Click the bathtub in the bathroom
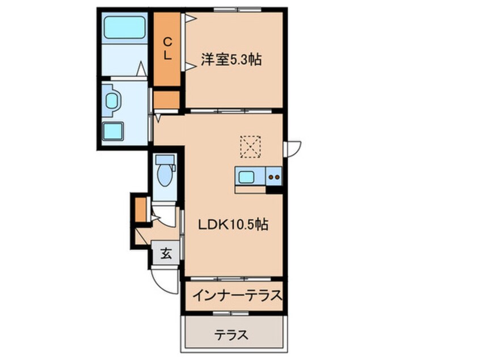123,27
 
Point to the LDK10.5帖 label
233,224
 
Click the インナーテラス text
237,295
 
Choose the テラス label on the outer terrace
231,334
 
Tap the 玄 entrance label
165,254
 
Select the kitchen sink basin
246,177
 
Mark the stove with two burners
273,177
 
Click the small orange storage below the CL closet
166,100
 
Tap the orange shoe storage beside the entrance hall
141,208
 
